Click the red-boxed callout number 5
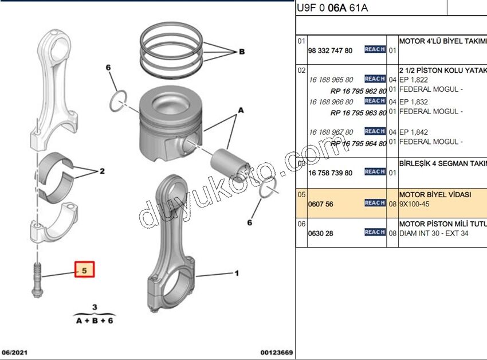[84, 269]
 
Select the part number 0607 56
[321, 203]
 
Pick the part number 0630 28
[321, 233]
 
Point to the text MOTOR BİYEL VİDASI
[435, 195]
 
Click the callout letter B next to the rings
[241, 52]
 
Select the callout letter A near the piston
[241, 109]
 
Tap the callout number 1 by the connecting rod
[237, 273]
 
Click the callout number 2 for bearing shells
[102, 171]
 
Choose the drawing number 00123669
[276, 353]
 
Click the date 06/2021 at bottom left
[15, 353]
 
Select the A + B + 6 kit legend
[95, 320]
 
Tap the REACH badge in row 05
[375, 203]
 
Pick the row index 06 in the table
[301, 224]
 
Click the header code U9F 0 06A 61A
[332, 8]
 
